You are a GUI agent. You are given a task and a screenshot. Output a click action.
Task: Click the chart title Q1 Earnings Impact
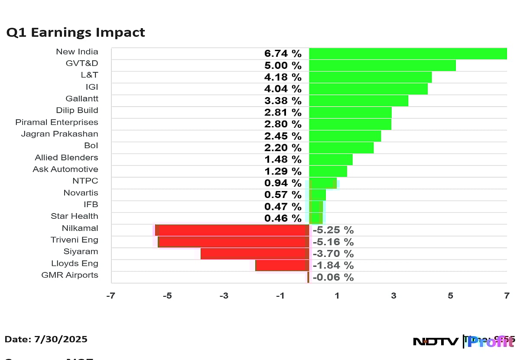pyautogui.click(x=75, y=32)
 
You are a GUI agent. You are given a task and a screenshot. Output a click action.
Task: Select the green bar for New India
pyautogui.click(x=407, y=54)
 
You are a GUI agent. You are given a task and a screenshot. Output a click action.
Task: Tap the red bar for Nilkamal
pyautogui.click(x=232, y=230)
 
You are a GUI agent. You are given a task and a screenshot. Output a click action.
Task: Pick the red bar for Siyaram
pyautogui.click(x=255, y=253)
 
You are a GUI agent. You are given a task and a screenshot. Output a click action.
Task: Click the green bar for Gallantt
pyautogui.click(x=358, y=101)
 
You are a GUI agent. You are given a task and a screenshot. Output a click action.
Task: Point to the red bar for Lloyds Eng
pyautogui.click(x=282, y=265)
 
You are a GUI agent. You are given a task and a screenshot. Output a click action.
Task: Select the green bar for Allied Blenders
pyautogui.click(x=331, y=159)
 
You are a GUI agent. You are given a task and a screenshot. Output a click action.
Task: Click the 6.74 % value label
pyautogui.click(x=283, y=54)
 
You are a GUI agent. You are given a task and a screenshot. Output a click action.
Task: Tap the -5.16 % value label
pyautogui.click(x=333, y=242)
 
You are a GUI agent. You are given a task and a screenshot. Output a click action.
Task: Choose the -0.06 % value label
pyautogui.click(x=333, y=277)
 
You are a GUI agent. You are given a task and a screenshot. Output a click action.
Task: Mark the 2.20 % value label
pyautogui.click(x=283, y=148)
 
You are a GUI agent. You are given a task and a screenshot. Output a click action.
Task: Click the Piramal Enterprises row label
pyautogui.click(x=57, y=122)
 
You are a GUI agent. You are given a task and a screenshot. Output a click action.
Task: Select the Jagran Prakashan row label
pyautogui.click(x=60, y=134)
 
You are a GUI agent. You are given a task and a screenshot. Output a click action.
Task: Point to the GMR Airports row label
pyautogui.click(x=70, y=275)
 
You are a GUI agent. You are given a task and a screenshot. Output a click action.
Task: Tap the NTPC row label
pyautogui.click(x=85, y=181)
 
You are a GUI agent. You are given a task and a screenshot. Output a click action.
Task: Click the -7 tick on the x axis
pyautogui.click(x=111, y=296)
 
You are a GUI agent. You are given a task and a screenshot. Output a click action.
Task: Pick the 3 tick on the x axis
pyautogui.click(x=393, y=296)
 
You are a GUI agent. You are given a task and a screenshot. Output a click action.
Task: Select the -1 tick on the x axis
pyautogui.click(x=280, y=296)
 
